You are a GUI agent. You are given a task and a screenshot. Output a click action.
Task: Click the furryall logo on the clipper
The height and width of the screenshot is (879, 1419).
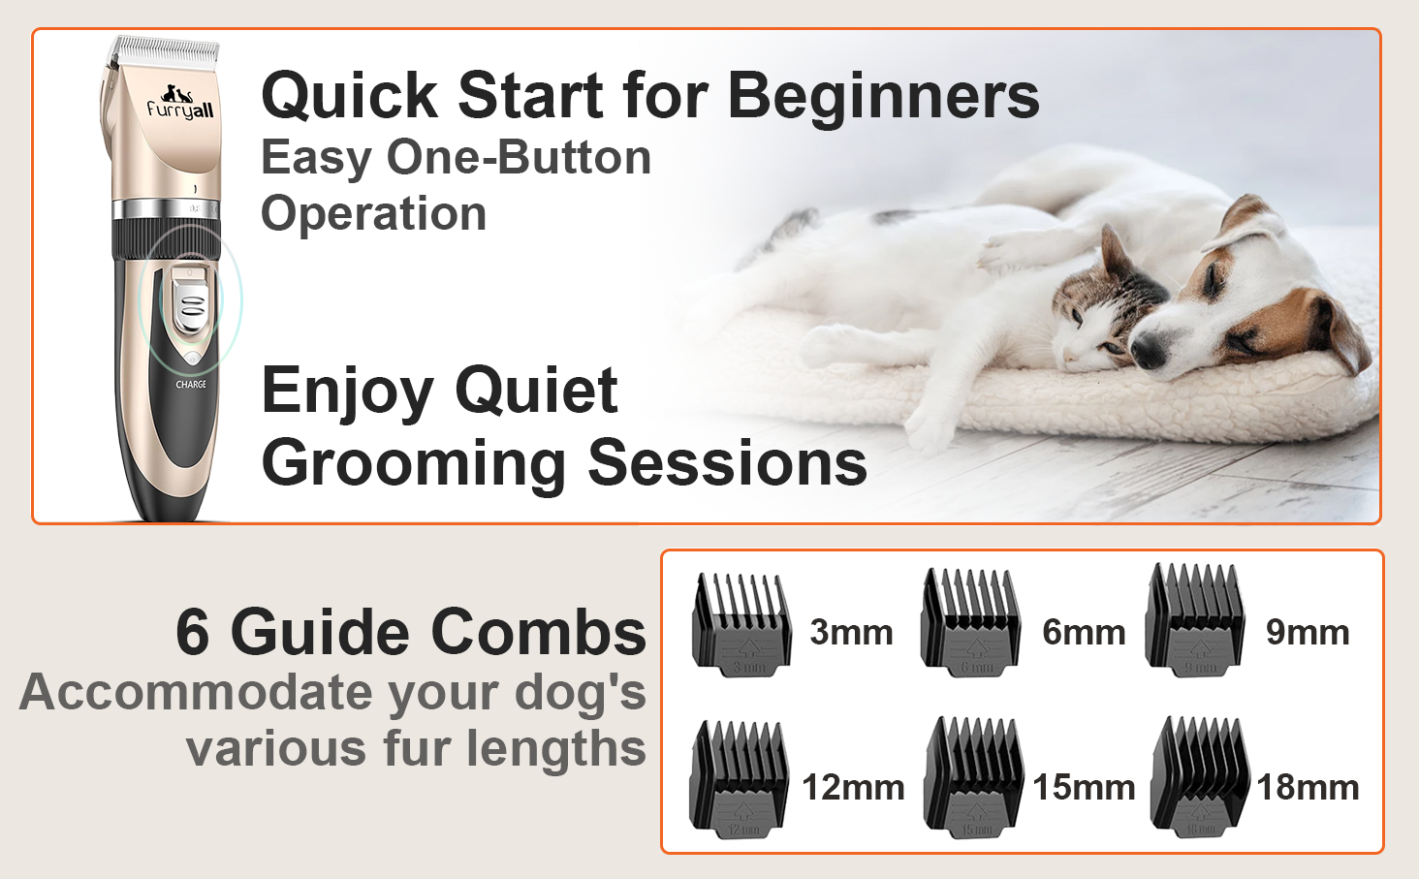point(180,104)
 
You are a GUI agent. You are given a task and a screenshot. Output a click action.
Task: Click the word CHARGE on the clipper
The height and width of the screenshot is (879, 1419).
point(191,385)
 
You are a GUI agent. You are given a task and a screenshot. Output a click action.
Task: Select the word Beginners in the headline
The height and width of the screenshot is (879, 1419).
point(884,96)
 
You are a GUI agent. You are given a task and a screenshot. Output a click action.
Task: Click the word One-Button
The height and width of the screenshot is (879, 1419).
point(519,157)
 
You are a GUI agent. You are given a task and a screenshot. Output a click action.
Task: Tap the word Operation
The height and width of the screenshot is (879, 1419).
point(374,214)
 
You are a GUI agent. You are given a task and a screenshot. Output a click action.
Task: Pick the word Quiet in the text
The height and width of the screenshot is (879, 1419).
point(536,391)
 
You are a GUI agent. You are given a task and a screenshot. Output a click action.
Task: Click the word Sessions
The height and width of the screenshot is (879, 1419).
point(727,462)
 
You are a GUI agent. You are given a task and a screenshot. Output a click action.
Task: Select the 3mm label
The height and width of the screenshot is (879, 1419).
point(851,633)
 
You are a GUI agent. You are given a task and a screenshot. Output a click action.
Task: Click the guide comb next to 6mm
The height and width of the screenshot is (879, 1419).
point(971,622)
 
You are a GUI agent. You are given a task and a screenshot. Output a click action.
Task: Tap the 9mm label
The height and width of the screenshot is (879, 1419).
point(1308,633)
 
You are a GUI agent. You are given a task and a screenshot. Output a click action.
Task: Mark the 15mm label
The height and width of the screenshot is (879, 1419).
point(1084,788)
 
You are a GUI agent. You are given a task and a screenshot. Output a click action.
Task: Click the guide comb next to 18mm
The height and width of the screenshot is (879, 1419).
point(1199,776)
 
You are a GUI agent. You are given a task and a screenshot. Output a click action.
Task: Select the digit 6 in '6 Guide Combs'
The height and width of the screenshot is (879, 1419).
point(193,633)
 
